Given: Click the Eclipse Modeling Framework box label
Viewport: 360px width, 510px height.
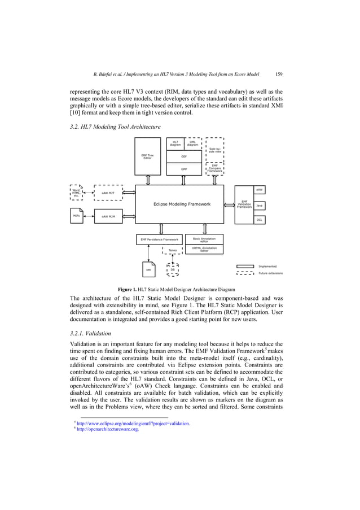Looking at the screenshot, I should pyautogui.click(x=182, y=204).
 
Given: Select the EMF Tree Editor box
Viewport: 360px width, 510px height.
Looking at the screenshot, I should pyautogui.click(x=147, y=156).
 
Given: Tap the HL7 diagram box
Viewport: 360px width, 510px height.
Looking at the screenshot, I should pyautogui.click(x=175, y=143).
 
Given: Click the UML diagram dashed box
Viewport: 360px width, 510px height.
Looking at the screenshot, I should pyautogui.click(x=192, y=143).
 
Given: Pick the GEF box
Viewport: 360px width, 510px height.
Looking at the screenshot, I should pyautogui.click(x=184, y=156).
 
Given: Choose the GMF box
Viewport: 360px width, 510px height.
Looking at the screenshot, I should pyautogui.click(x=184, y=168).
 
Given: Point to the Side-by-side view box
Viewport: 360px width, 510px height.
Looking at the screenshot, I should pyautogui.click(x=215, y=150).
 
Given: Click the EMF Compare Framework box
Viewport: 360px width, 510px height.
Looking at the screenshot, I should pyautogui.click(x=215, y=168).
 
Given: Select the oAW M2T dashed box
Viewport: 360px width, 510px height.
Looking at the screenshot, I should pyautogui.click(x=108, y=193).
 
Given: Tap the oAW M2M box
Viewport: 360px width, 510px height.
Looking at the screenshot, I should pyautogui.click(x=108, y=216).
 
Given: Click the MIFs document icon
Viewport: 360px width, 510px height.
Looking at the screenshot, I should pyautogui.click(x=76, y=216).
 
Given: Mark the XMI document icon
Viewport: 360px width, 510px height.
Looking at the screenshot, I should pyautogui.click(x=149, y=270).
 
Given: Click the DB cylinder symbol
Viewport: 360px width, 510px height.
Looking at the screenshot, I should pyautogui.click(x=173, y=270).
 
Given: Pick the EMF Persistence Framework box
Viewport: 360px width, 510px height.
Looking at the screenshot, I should pyautogui.click(x=160, y=239).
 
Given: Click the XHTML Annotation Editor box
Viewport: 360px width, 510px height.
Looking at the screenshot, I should pyautogui.click(x=204, y=250).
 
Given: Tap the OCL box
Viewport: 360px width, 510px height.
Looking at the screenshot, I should pyautogui.click(x=259, y=219).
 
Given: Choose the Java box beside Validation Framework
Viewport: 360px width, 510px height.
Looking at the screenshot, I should pyautogui.click(x=259, y=206).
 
